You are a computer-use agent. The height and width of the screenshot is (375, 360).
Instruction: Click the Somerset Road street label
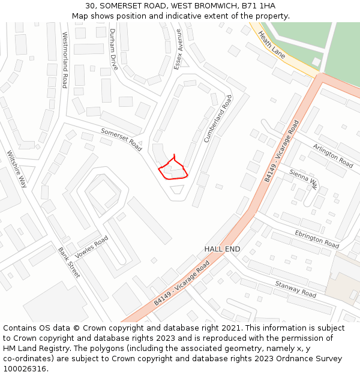[x=121, y=139]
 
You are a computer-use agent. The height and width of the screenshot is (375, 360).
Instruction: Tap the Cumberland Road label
[x=217, y=118]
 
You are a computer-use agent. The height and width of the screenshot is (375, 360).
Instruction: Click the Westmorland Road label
[x=65, y=60]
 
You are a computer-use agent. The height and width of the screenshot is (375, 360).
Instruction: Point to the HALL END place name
[x=222, y=249]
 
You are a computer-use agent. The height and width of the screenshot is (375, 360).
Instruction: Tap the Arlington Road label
[x=333, y=155]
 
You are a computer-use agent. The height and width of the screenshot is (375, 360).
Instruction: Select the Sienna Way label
[x=303, y=178]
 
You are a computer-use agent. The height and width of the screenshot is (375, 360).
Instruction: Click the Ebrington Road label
[x=317, y=239]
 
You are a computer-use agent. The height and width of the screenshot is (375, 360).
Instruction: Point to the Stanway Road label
[x=295, y=289]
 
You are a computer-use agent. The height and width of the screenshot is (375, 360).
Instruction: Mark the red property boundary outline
[x=173, y=169]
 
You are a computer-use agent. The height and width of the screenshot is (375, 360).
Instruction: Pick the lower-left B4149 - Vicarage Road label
[x=181, y=283]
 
